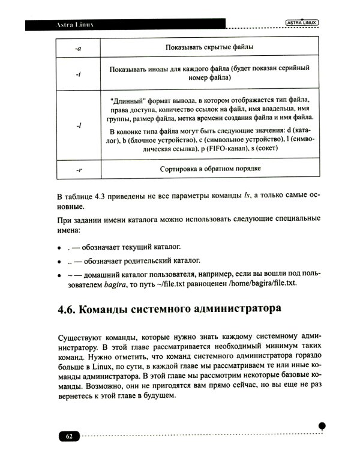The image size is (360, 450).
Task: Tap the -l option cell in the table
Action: tap(79, 127)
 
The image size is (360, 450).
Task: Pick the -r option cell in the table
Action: tap(79, 170)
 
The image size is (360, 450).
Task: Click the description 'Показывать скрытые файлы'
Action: tap(209, 47)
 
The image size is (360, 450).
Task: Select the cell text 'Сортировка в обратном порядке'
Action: tap(210, 170)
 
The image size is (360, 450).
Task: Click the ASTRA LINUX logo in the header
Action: tap(301, 23)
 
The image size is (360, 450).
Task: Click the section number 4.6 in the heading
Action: tap(68, 311)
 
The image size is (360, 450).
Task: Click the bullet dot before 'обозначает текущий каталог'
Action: tap(59, 247)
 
